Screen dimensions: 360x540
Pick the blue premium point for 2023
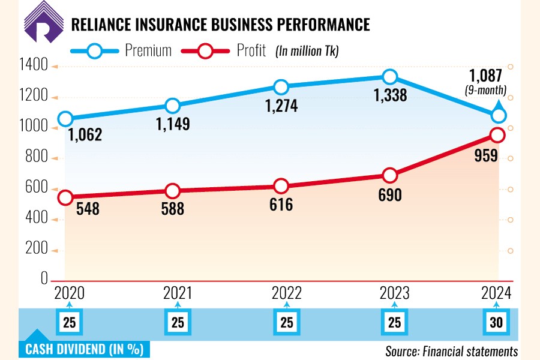[x=389, y=77]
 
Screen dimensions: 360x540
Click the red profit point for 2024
[x=498, y=135]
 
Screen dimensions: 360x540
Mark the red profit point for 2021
[x=173, y=191]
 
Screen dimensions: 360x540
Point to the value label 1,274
[x=281, y=107]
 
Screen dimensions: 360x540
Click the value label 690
[x=389, y=196]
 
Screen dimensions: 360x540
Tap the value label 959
[x=486, y=156]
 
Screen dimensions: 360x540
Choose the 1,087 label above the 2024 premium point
[x=486, y=77]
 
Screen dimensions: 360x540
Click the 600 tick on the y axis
[x=37, y=188]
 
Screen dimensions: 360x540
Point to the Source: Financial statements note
[x=451, y=350]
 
